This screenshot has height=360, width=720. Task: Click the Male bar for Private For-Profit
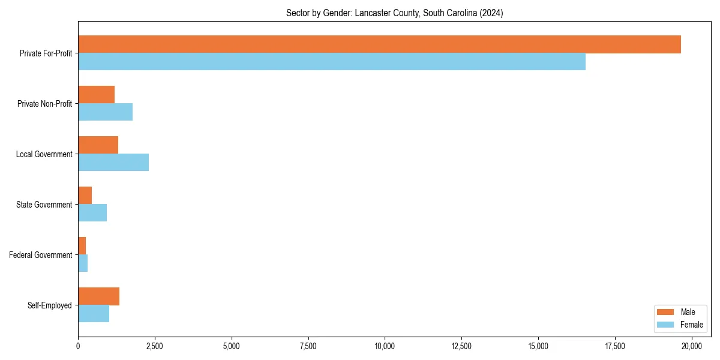tap(379, 44)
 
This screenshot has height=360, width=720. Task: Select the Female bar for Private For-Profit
tap(332, 62)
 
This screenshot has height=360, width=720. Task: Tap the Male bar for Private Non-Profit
tap(96, 95)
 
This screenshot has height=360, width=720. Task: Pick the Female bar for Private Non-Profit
tap(105, 112)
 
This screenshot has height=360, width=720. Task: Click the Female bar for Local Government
tap(113, 163)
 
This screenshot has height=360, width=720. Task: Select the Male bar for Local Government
tap(98, 145)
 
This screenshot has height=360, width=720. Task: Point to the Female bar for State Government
tap(92, 213)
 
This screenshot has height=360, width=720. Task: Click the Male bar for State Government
tap(85, 196)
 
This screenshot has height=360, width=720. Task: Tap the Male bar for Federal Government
tap(82, 246)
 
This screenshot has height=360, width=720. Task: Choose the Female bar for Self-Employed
tap(94, 314)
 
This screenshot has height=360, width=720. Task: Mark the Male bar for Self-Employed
tap(98, 296)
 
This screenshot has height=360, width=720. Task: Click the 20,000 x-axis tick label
tap(692, 346)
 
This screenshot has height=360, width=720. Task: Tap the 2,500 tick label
tap(155, 346)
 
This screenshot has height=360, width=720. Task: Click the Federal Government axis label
tap(41, 255)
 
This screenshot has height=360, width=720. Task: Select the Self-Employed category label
tap(50, 305)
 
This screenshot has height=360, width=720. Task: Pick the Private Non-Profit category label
tap(44, 104)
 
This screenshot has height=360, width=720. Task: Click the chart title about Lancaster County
tap(394, 13)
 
